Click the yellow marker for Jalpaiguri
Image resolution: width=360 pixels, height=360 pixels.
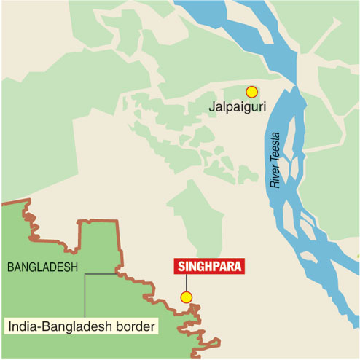[x=252, y=92]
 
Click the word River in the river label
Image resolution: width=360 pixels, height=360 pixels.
[x=275, y=179]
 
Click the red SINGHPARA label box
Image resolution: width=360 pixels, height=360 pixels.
[x=208, y=266]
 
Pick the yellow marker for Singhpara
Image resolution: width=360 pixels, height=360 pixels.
[x=187, y=297]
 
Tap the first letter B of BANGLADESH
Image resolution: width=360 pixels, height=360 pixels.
[x=10, y=267]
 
